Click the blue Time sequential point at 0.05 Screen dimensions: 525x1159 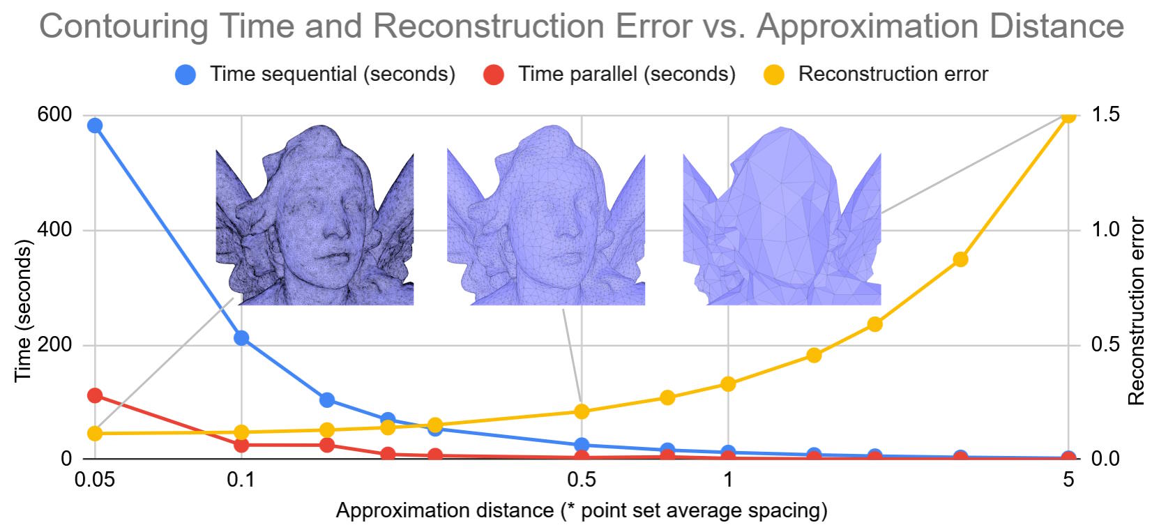point(95,125)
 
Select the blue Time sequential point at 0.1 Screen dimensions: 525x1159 point(241,338)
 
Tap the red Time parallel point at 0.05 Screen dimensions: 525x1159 point(95,395)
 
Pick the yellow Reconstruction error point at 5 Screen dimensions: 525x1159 point(1068,115)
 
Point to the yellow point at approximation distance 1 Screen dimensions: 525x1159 point(728,383)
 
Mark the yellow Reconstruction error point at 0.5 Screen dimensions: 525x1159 point(582,411)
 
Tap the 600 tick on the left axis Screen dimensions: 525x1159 point(54,114)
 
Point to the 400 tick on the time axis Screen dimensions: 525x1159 point(54,229)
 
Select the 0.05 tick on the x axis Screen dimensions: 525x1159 point(95,480)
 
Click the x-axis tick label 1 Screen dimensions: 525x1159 point(728,480)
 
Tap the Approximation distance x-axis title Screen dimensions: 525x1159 point(582,510)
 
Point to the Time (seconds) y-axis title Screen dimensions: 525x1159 point(23,310)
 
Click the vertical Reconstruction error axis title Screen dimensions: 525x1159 point(1137,310)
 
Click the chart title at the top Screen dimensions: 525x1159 point(582,26)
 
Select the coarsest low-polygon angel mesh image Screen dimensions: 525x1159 point(782,216)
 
